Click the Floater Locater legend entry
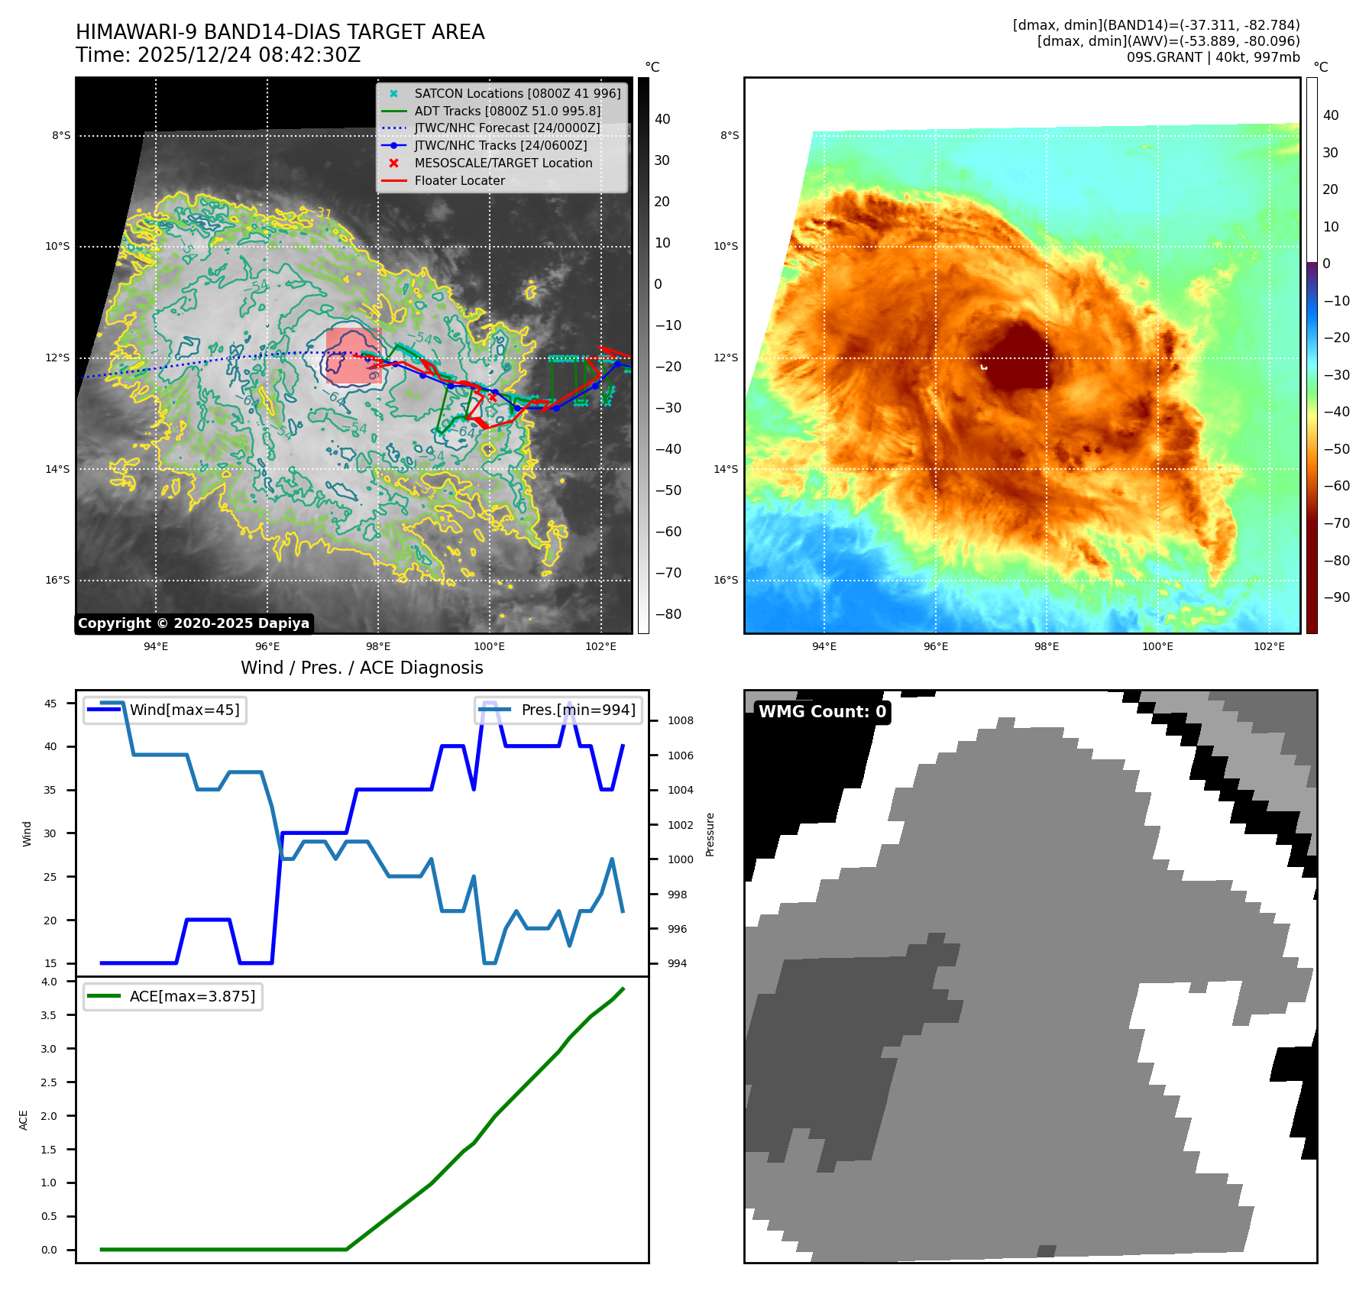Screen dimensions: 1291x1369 459,181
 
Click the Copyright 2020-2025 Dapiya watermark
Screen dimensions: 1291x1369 193,623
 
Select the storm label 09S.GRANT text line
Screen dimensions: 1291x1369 1212,57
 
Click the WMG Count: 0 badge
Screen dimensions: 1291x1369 822,712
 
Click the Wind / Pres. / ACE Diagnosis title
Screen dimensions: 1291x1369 361,668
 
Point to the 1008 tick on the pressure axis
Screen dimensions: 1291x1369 680,720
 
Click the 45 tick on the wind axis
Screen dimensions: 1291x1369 50,704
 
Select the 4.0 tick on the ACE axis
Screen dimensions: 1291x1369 49,982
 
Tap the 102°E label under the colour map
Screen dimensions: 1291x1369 1269,647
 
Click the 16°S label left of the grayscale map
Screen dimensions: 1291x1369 57,581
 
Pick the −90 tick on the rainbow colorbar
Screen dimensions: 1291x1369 1336,597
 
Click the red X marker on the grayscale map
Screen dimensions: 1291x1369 492,397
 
